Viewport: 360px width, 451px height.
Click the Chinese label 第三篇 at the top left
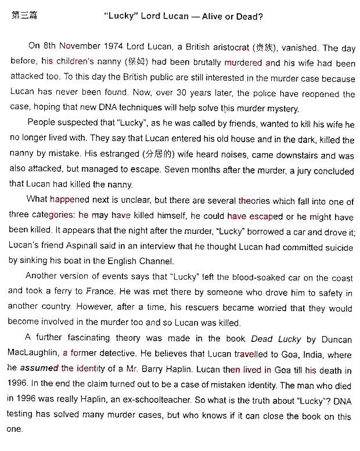click(x=24, y=16)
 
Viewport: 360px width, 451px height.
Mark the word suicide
click(x=337, y=247)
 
